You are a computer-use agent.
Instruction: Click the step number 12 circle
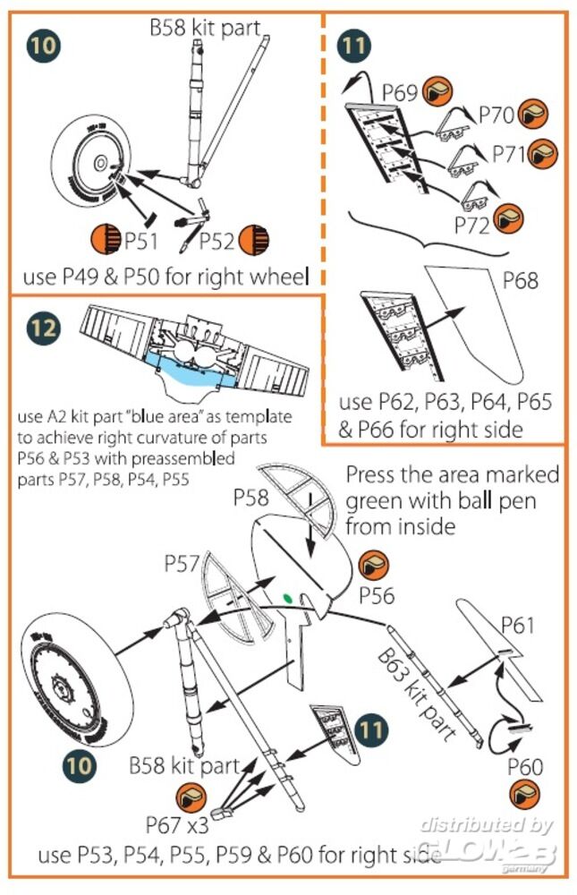43,328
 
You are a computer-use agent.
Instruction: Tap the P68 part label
520,282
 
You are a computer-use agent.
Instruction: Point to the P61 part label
516,624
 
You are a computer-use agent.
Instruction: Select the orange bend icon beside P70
533,115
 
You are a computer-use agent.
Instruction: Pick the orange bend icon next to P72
508,217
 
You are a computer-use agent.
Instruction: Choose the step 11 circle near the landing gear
367,728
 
